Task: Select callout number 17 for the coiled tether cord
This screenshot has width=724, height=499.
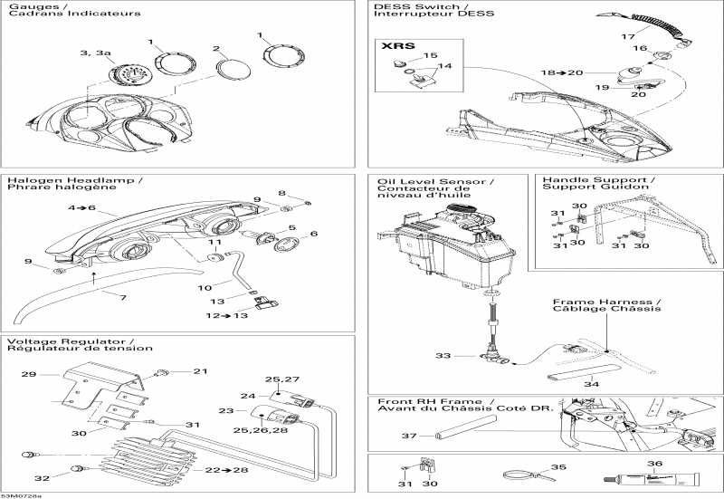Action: click(x=626, y=36)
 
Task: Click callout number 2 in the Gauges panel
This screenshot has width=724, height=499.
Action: click(x=215, y=48)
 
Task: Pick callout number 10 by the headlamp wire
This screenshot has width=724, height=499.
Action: click(x=205, y=287)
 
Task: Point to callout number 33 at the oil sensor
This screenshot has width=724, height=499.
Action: click(x=443, y=356)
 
